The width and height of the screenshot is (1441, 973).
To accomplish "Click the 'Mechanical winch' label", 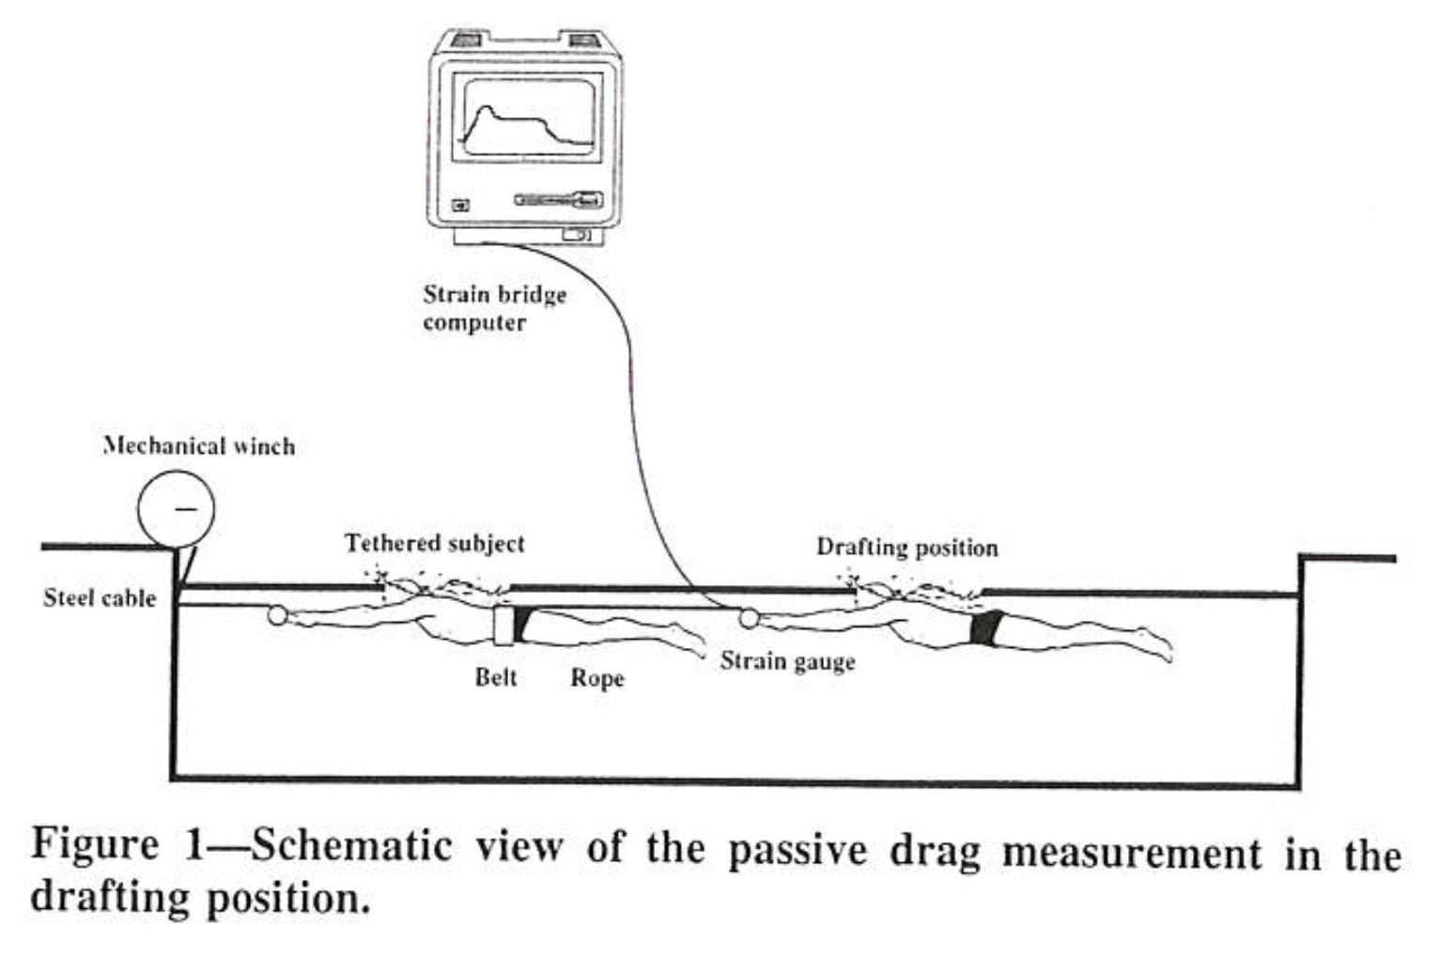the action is coord(199,446).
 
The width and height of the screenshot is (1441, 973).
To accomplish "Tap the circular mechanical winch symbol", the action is coord(177,509).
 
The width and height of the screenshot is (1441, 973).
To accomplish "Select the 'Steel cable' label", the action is coord(100,598).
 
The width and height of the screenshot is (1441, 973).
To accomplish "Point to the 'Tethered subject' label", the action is coord(435,544).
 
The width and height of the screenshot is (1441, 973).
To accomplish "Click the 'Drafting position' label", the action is coord(907,548).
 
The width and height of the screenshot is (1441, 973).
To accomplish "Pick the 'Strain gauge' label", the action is coord(787,661).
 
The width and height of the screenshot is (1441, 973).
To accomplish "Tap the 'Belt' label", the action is coord(496,676).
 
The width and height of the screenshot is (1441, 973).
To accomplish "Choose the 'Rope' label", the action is coord(597,678).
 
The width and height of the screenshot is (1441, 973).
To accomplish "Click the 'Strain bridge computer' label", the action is coord(495,308).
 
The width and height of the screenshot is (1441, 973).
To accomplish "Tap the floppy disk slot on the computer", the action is coord(558,199).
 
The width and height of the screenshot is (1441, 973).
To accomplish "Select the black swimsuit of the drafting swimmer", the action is coord(987,627).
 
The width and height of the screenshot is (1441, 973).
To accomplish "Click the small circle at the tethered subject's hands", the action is coord(277,615).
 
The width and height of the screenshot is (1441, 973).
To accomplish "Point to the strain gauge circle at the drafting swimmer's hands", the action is coord(749,619).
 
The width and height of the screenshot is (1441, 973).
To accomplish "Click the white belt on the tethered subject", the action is coord(504,625).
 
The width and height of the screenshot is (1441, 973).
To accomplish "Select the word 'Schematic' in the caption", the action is coord(351,845).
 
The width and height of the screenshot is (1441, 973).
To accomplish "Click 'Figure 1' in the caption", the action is coord(117,843).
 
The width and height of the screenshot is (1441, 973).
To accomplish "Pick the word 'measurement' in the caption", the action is coord(1132,852).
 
